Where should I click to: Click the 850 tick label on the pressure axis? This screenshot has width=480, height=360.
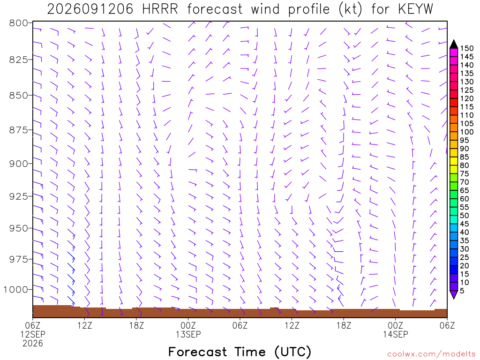pos(19,96)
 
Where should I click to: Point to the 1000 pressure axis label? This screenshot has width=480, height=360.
pos(15,289)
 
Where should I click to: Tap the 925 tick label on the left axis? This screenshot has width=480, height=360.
pos(19,196)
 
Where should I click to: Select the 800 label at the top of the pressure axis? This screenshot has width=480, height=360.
pos(19,23)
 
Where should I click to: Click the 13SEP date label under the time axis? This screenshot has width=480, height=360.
pos(188,334)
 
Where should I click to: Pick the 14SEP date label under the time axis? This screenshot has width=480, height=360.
pos(396,334)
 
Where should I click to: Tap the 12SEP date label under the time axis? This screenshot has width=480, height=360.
pos(33,334)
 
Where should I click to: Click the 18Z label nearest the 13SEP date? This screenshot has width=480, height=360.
pos(136,325)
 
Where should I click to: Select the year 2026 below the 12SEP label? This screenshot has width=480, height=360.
pos(33,344)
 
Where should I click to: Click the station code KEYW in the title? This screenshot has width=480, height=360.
pos(416,9)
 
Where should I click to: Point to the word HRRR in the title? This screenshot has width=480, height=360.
pos(160,9)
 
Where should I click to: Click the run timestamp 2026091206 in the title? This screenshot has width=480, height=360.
pos(90,9)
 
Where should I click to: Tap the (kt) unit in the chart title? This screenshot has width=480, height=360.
pos(351,9)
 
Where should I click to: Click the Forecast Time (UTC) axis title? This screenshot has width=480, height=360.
pos(240,352)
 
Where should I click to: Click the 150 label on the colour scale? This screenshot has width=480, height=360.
pos(467,48)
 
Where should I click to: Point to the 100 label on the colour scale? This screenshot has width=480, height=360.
pos(467,132)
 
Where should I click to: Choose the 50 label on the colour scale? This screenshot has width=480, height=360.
pos(465,216)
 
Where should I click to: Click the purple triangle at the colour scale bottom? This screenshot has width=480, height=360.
pos(454,294)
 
